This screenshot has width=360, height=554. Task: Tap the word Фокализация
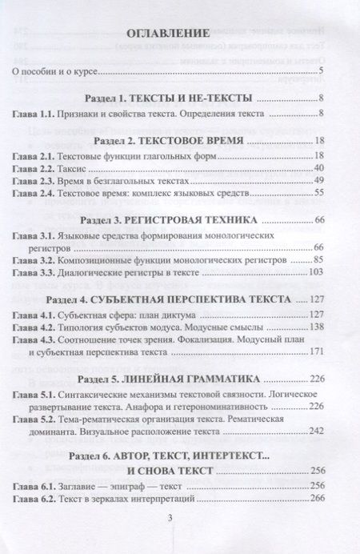(x=213, y=340)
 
